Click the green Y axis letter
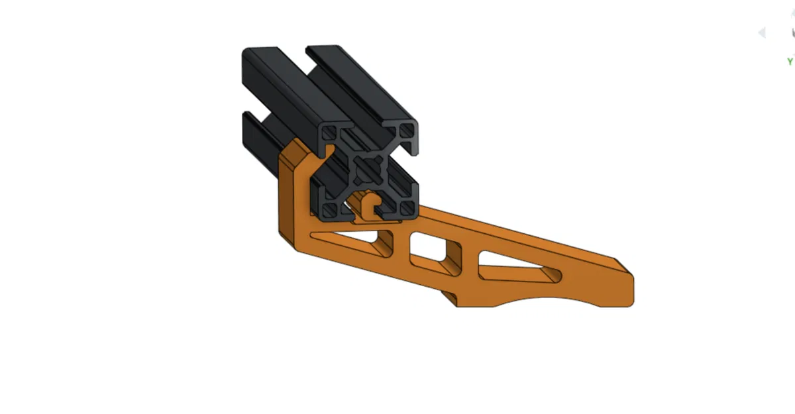pyautogui.click(x=790, y=62)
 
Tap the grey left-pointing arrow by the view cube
pyautogui.click(x=762, y=32)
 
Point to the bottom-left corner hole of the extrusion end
pyautogui.click(x=328, y=208)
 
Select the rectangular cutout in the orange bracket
pyautogui.click(x=434, y=250)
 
